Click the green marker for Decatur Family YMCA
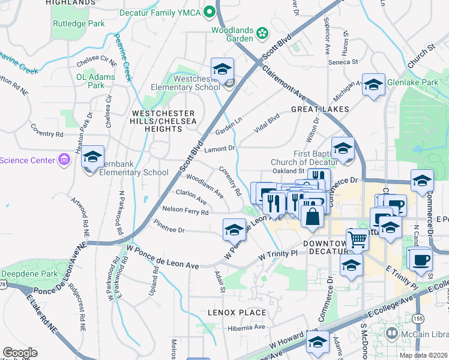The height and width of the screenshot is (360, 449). [209, 11]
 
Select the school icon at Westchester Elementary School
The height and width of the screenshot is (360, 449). [222, 70]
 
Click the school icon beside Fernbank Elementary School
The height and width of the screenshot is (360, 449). [92, 158]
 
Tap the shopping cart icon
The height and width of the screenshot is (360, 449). [357, 240]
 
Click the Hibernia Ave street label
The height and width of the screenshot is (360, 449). [246, 328]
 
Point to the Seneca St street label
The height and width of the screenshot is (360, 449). [343, 62]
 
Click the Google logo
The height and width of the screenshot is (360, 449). [20, 353]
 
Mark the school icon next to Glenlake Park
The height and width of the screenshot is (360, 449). [373, 86]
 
